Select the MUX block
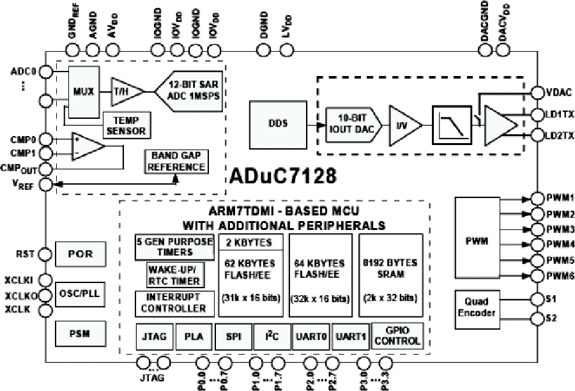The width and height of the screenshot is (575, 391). [83, 91]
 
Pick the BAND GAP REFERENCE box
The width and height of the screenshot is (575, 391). [176, 161]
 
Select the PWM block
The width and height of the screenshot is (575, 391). [476, 242]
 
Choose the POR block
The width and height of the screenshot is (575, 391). [80, 254]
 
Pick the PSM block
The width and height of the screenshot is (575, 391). [80, 333]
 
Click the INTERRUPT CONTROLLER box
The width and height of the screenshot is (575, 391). [172, 303]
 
